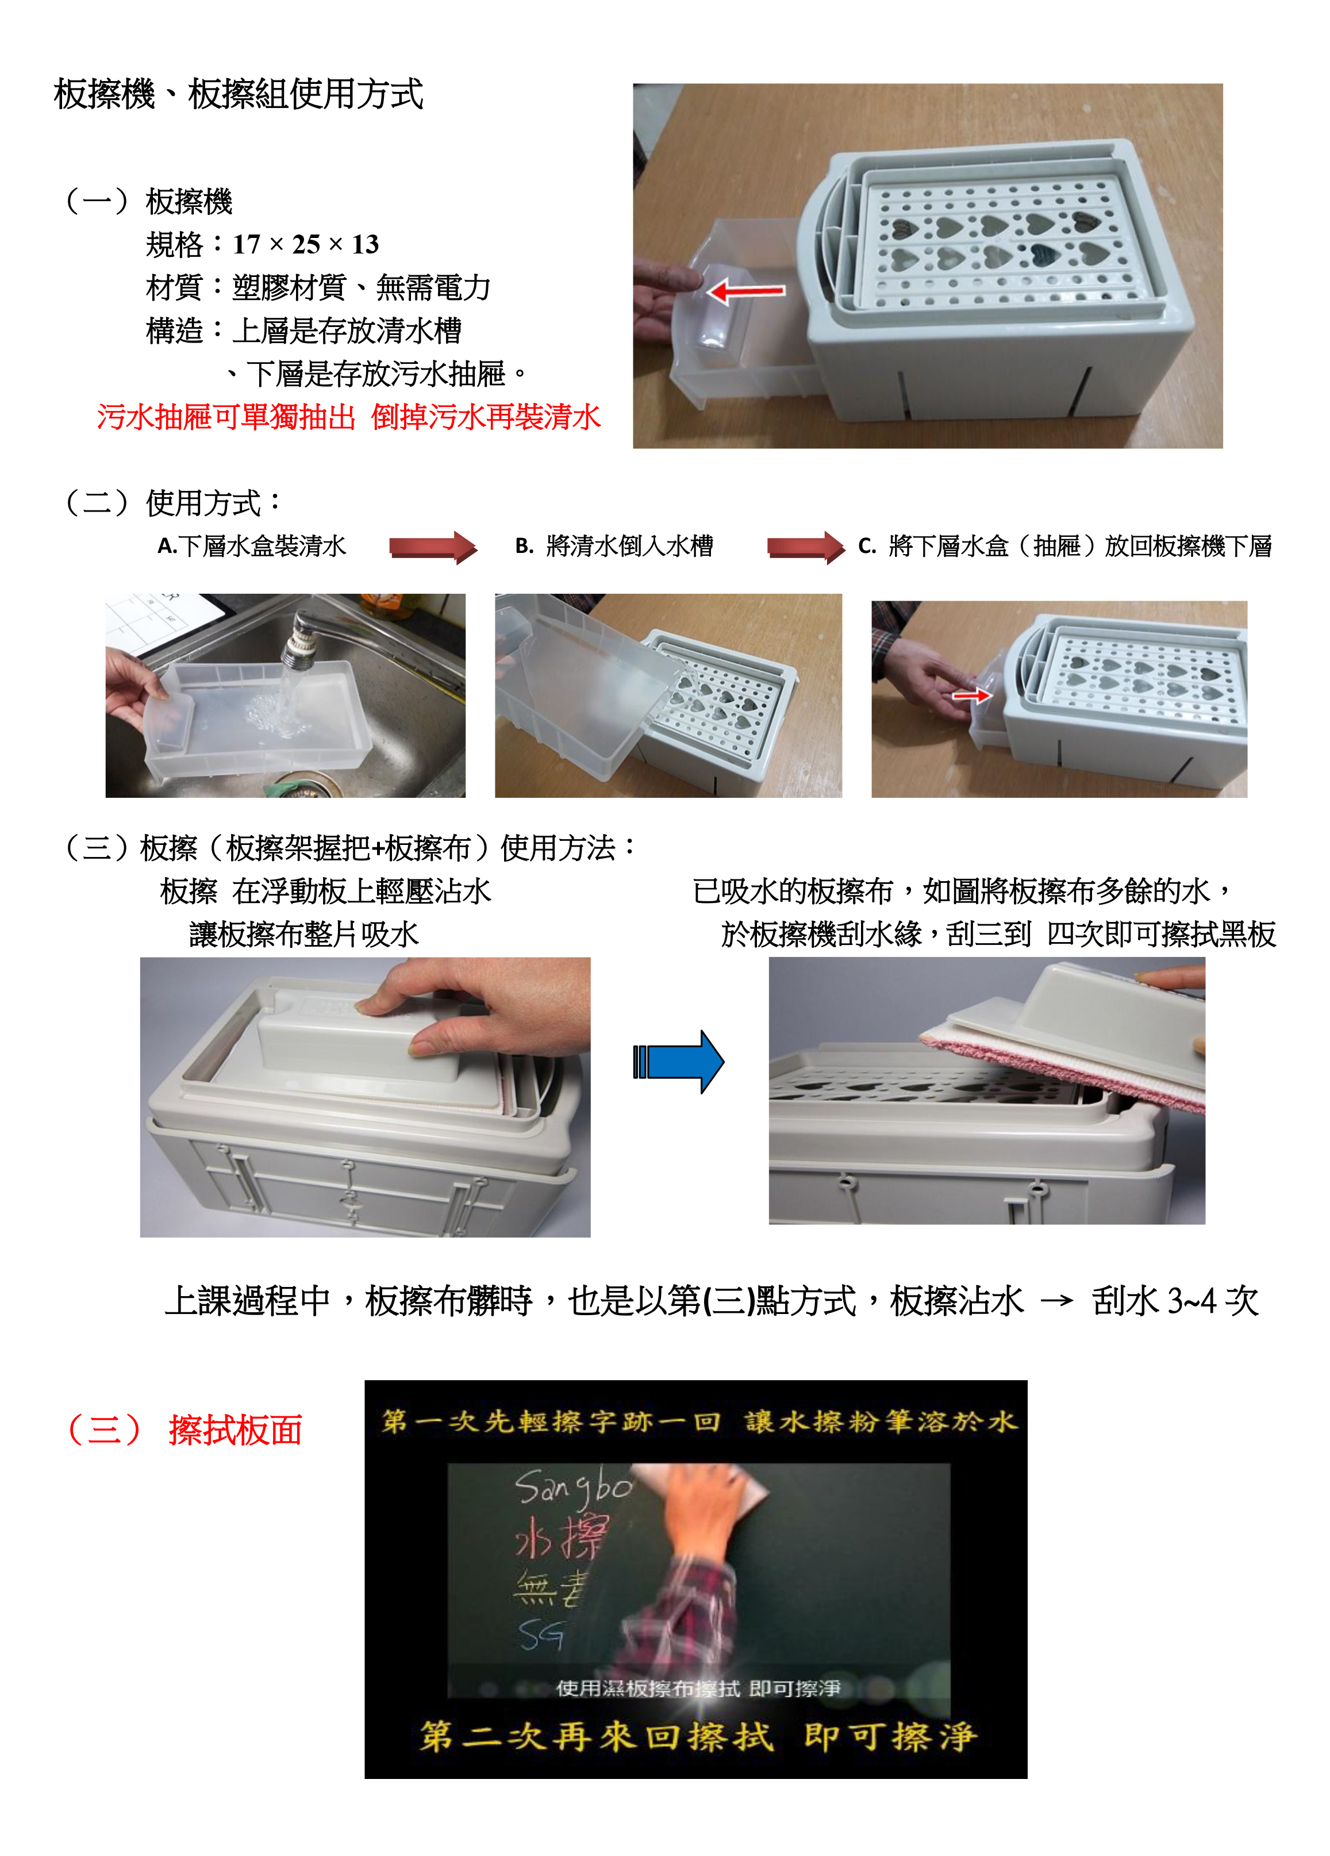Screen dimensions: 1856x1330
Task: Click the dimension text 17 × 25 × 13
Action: coord(305,244)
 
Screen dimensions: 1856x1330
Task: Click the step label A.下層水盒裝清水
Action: coord(252,546)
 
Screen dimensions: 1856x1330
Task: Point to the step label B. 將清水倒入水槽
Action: coord(614,546)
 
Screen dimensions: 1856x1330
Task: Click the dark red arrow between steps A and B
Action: coord(433,547)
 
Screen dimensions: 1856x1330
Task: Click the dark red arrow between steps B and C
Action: coord(805,547)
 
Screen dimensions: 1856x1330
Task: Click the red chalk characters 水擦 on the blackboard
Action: coord(562,1537)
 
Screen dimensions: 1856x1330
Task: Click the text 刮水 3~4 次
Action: coord(1174,1300)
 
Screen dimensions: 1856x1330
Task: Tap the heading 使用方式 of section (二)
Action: coord(203,502)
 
